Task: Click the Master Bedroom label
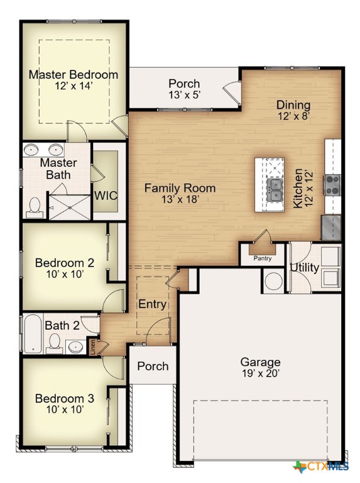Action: coord(73,75)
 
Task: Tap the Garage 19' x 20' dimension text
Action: coord(260,374)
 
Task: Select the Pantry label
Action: coord(262,258)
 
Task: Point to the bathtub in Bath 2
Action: coord(31,333)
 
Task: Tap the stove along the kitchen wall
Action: coord(332,184)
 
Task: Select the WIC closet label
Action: coord(106,195)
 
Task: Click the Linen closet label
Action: coord(93,348)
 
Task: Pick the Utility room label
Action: coord(304,268)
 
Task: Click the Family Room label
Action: coord(180,188)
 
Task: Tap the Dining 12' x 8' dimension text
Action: coord(293,116)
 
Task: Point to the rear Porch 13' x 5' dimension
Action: coord(184,95)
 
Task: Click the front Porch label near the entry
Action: coord(153,366)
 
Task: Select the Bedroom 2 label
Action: coord(64,263)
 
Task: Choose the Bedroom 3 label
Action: coord(64,399)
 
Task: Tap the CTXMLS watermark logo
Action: coord(320,466)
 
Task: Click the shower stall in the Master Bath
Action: coord(69,204)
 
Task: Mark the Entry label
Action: coord(153,305)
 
